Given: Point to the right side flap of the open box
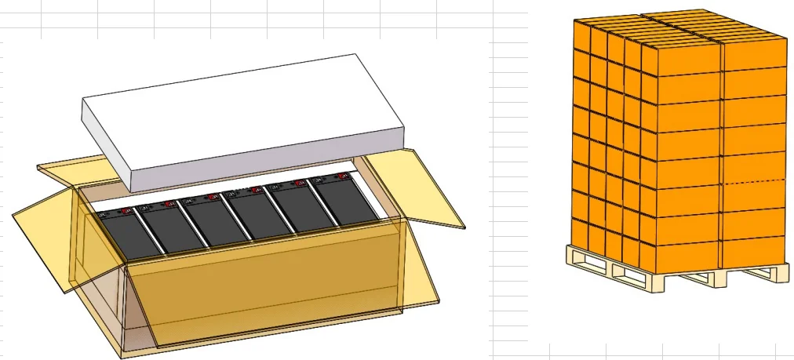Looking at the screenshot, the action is pyautogui.click(x=416, y=188).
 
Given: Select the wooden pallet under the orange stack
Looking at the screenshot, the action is pyautogui.click(x=675, y=271).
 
